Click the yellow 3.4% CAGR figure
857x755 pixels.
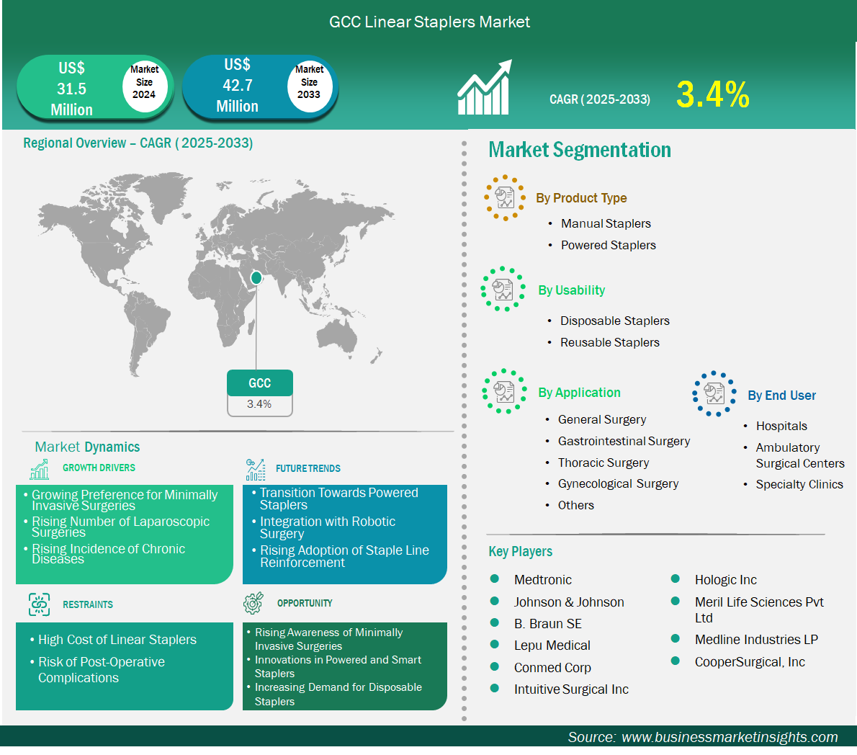point(713,94)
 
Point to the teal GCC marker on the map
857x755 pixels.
point(256,278)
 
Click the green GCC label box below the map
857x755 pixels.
point(259,383)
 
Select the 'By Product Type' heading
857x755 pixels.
point(581,198)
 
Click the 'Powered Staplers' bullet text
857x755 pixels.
point(609,245)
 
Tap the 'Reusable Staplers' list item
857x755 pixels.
point(609,342)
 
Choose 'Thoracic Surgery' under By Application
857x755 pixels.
point(604,463)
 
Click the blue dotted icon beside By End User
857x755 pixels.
point(714,393)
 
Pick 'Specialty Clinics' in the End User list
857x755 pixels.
point(799,484)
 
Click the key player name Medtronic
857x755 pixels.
point(543,579)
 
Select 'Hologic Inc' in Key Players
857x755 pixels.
point(725,579)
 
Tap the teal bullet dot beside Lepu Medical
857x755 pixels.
point(495,645)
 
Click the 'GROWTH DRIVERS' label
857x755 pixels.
point(99,468)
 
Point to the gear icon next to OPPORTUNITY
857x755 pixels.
point(253,602)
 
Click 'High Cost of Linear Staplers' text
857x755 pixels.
point(117,640)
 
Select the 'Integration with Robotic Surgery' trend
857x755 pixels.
point(328,527)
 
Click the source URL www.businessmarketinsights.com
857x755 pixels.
point(730,737)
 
